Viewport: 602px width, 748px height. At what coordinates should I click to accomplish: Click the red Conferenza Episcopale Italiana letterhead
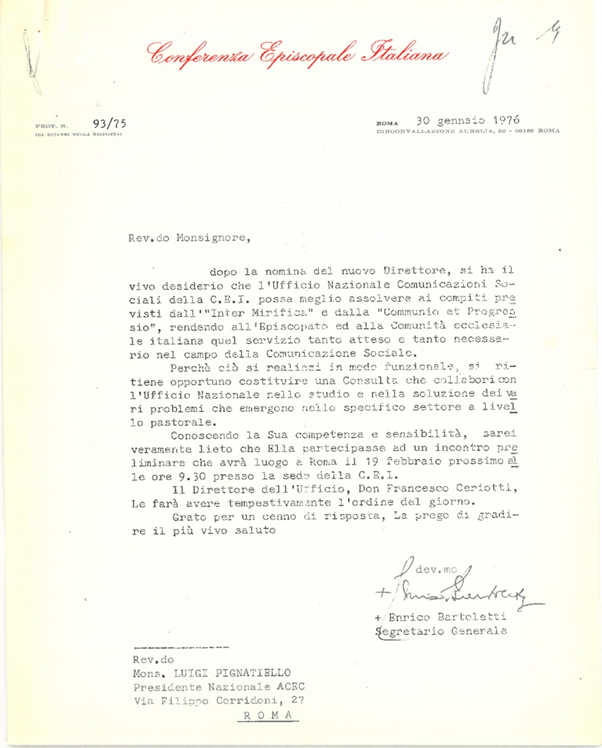coord(298,54)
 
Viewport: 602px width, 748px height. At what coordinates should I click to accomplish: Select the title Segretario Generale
coord(441,630)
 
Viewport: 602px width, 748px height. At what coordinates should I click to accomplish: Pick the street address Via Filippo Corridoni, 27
coord(218,700)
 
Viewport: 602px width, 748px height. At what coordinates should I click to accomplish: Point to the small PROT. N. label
coord(49,125)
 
